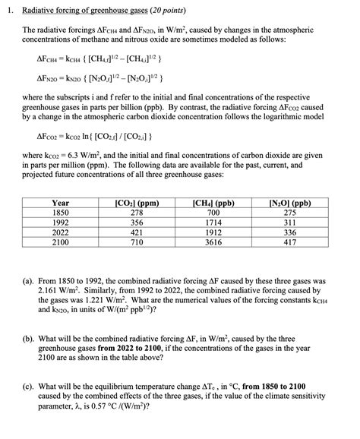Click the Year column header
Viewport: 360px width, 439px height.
tap(61, 204)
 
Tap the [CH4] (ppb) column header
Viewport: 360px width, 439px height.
tap(213, 204)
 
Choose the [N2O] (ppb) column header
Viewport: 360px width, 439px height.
tap(290, 204)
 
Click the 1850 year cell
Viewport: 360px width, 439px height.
tap(61, 214)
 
